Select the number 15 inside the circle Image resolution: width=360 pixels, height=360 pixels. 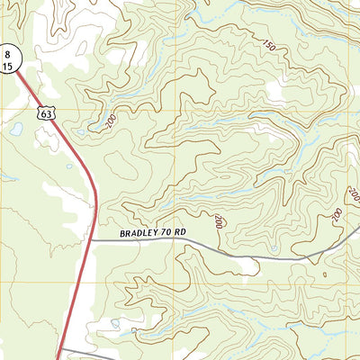point(7,66)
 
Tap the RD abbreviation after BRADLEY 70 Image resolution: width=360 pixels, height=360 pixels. point(180,232)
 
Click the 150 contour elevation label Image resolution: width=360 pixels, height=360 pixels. point(268,44)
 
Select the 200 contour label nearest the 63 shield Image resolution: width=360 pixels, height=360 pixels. point(108,121)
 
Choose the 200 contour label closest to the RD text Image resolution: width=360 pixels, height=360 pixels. point(219,220)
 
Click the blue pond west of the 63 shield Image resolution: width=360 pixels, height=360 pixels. point(16,129)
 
